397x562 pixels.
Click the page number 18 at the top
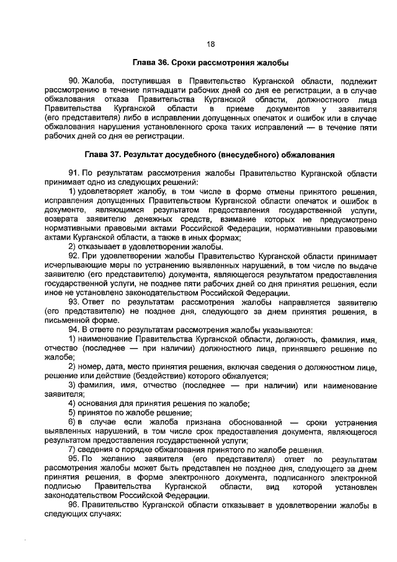click(x=210, y=44)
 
